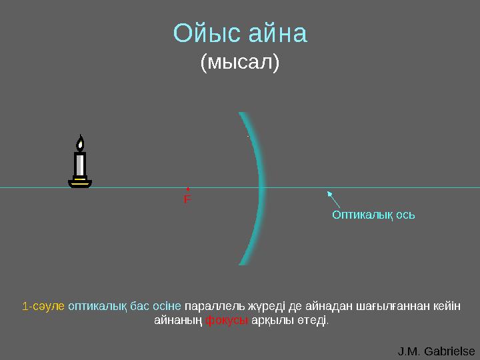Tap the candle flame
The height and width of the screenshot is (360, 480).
(80, 143)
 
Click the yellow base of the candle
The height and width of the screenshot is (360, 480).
(80, 181)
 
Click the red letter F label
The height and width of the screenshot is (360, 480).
(187, 199)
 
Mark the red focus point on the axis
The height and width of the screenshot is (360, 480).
(188, 189)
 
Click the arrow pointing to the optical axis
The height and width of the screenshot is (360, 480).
(333, 199)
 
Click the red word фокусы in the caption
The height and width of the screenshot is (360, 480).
(227, 320)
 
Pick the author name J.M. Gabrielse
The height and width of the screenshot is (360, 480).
(436, 351)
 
